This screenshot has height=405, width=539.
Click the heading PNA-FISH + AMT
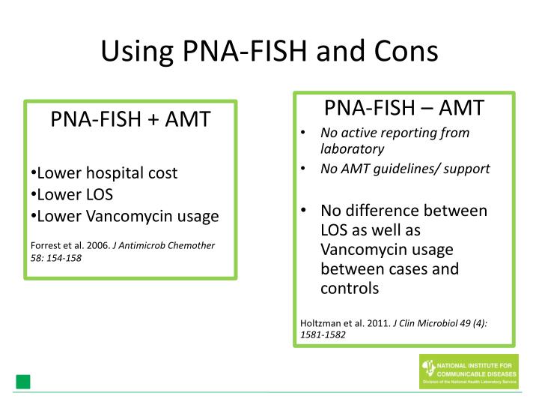click(130, 120)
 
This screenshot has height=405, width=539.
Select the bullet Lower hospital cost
click(104, 173)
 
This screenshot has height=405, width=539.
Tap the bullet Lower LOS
click(71, 195)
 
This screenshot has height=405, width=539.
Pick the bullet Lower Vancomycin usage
click(125, 217)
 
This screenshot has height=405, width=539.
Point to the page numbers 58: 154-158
click(56, 257)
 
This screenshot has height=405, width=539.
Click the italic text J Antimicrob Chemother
click(163, 245)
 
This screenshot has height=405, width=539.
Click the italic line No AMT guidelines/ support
click(405, 169)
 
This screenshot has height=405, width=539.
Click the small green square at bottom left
click(23, 382)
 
